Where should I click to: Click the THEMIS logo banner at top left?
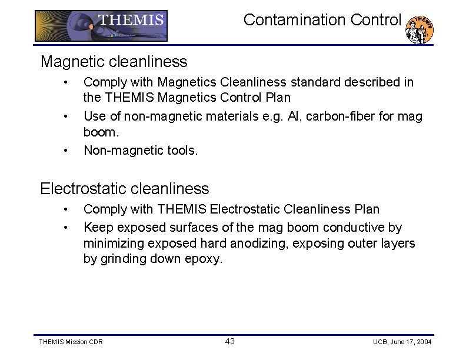tap(101, 26)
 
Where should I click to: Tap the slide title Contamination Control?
tap(322, 20)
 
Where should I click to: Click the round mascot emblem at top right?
tap(420, 29)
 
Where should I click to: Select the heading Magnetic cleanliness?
tap(114, 61)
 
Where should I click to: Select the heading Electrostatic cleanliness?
tap(124, 189)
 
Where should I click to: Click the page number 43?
tap(230, 341)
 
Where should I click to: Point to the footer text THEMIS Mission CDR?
tap(70, 342)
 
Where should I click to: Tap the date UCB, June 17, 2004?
tap(402, 342)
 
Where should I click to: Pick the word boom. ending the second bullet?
tap(101, 132)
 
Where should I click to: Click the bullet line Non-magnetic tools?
tap(141, 151)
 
